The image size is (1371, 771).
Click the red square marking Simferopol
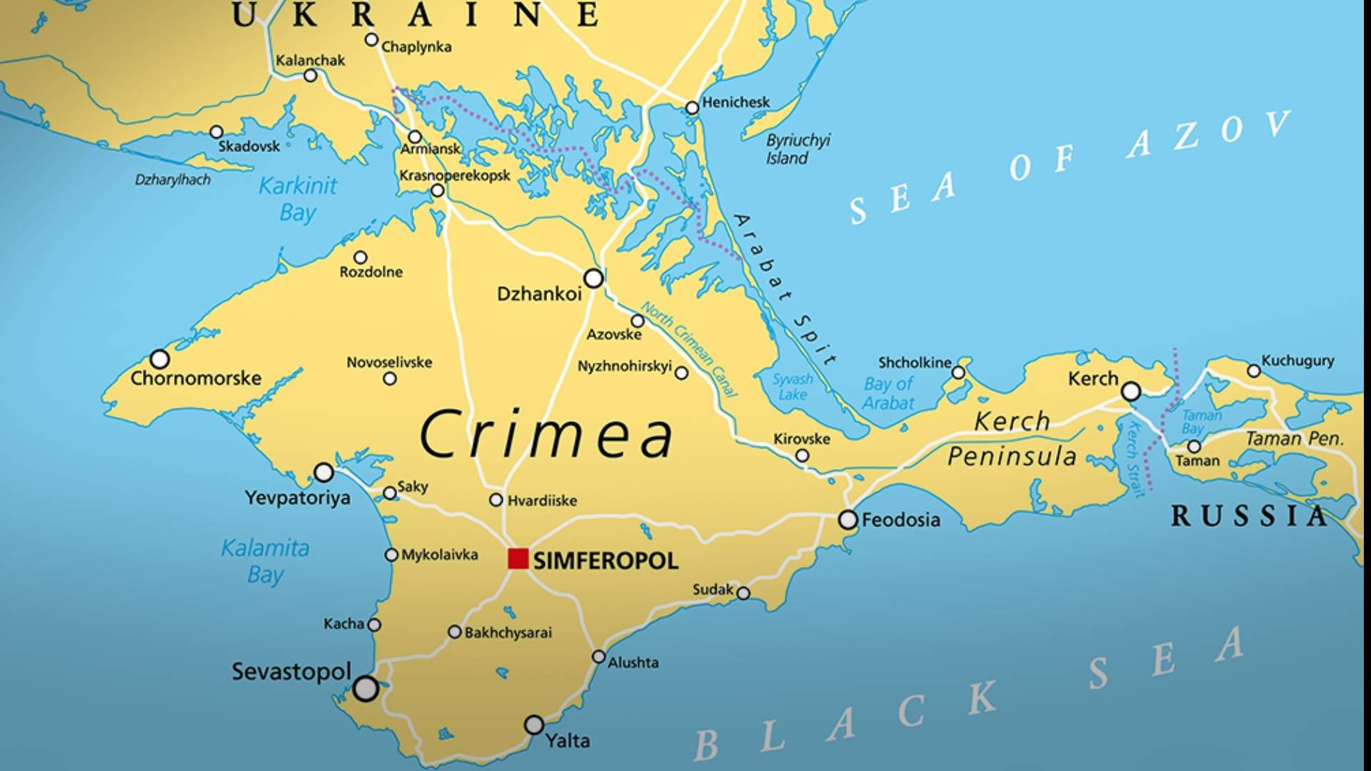point(518,558)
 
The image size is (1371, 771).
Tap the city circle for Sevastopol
point(366,688)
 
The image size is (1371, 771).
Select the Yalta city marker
point(534,725)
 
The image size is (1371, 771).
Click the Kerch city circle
point(1131,391)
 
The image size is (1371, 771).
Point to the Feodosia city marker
point(848,520)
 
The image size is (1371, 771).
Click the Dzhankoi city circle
point(593,278)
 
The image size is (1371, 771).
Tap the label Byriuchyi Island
point(798,148)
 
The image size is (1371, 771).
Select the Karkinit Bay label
point(297,198)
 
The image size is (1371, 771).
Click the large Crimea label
point(546,434)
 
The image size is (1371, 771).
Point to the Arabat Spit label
point(785,289)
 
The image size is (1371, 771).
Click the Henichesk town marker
point(692,108)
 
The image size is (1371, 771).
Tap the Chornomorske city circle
point(160,358)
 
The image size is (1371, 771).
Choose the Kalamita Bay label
point(265,561)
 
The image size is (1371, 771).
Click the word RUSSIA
point(1248,515)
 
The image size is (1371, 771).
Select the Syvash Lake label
point(793,386)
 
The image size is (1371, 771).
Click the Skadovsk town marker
point(216,132)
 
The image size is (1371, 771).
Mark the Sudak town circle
point(743,593)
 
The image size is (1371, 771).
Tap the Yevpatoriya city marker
point(324,472)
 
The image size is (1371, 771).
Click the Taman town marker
point(1194,446)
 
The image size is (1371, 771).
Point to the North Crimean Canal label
point(690,348)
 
